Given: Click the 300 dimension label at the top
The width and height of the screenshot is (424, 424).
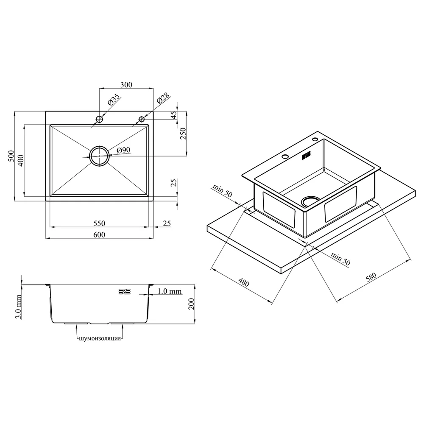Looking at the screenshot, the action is [x=126, y=85].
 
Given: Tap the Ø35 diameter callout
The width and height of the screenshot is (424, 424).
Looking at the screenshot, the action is [x=113, y=100].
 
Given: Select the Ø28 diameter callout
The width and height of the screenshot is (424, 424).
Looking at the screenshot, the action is [x=163, y=98].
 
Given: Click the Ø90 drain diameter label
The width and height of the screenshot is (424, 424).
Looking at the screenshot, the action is [x=123, y=150].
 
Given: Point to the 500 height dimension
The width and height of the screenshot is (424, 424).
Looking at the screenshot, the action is [x=11, y=156].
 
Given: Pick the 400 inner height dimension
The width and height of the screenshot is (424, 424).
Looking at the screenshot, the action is [x=20, y=160].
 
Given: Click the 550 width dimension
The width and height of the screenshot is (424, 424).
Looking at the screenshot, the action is [x=99, y=223].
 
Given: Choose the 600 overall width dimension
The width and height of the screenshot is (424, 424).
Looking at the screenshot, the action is [x=99, y=235].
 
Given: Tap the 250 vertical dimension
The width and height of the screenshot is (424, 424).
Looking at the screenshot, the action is [x=183, y=133].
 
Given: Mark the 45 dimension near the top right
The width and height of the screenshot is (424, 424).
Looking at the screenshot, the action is [x=174, y=115].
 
